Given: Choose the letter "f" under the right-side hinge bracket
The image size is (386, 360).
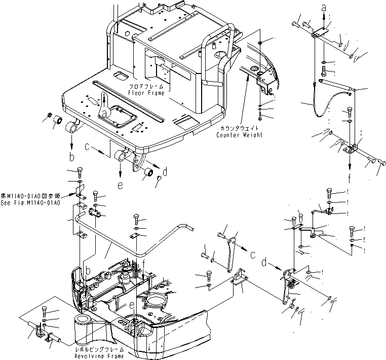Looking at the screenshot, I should (350, 177).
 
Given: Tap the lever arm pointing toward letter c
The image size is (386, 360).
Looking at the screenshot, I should (231, 254).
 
